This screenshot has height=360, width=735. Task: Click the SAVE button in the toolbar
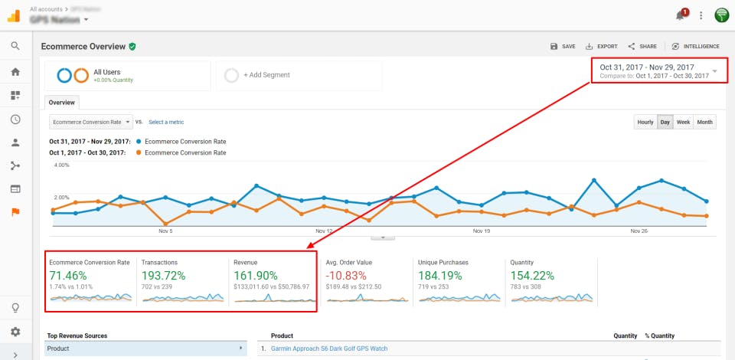pyautogui.click(x=563, y=47)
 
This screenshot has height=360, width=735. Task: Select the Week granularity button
pyautogui.click(x=684, y=122)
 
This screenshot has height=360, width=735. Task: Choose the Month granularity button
pyautogui.click(x=705, y=122)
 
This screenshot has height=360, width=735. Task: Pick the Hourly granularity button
pyautogui.click(x=645, y=122)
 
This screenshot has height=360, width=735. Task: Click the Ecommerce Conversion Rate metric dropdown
pyautogui.click(x=90, y=122)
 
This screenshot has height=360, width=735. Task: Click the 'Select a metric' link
pyautogui.click(x=166, y=122)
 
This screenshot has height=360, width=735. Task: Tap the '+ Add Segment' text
pyautogui.click(x=266, y=75)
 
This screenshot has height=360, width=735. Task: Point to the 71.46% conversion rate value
pyautogui.click(x=68, y=275)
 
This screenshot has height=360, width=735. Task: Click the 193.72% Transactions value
pyautogui.click(x=165, y=275)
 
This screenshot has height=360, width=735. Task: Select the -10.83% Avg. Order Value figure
pyautogui.click(x=349, y=275)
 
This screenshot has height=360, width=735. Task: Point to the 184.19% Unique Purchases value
pyautogui.click(x=443, y=275)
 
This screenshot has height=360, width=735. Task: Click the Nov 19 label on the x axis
pyautogui.click(x=481, y=231)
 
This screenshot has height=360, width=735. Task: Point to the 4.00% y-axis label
pyautogui.click(x=61, y=165)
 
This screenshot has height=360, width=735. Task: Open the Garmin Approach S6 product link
pyautogui.click(x=329, y=349)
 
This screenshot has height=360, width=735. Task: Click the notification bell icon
pyautogui.click(x=679, y=15)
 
